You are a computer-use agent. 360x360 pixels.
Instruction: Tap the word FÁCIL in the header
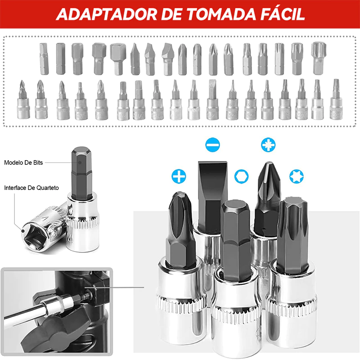point(279,14)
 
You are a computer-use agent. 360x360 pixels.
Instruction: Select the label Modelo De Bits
point(23,162)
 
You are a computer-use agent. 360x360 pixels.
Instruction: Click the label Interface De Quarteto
point(31,188)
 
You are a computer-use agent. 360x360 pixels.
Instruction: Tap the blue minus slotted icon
point(212,145)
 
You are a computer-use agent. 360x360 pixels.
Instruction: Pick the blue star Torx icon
point(296,175)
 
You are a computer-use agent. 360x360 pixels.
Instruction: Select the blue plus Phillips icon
point(179,176)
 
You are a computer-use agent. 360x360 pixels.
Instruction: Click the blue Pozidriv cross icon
point(269,145)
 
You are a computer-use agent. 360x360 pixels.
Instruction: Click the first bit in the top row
point(43,58)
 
